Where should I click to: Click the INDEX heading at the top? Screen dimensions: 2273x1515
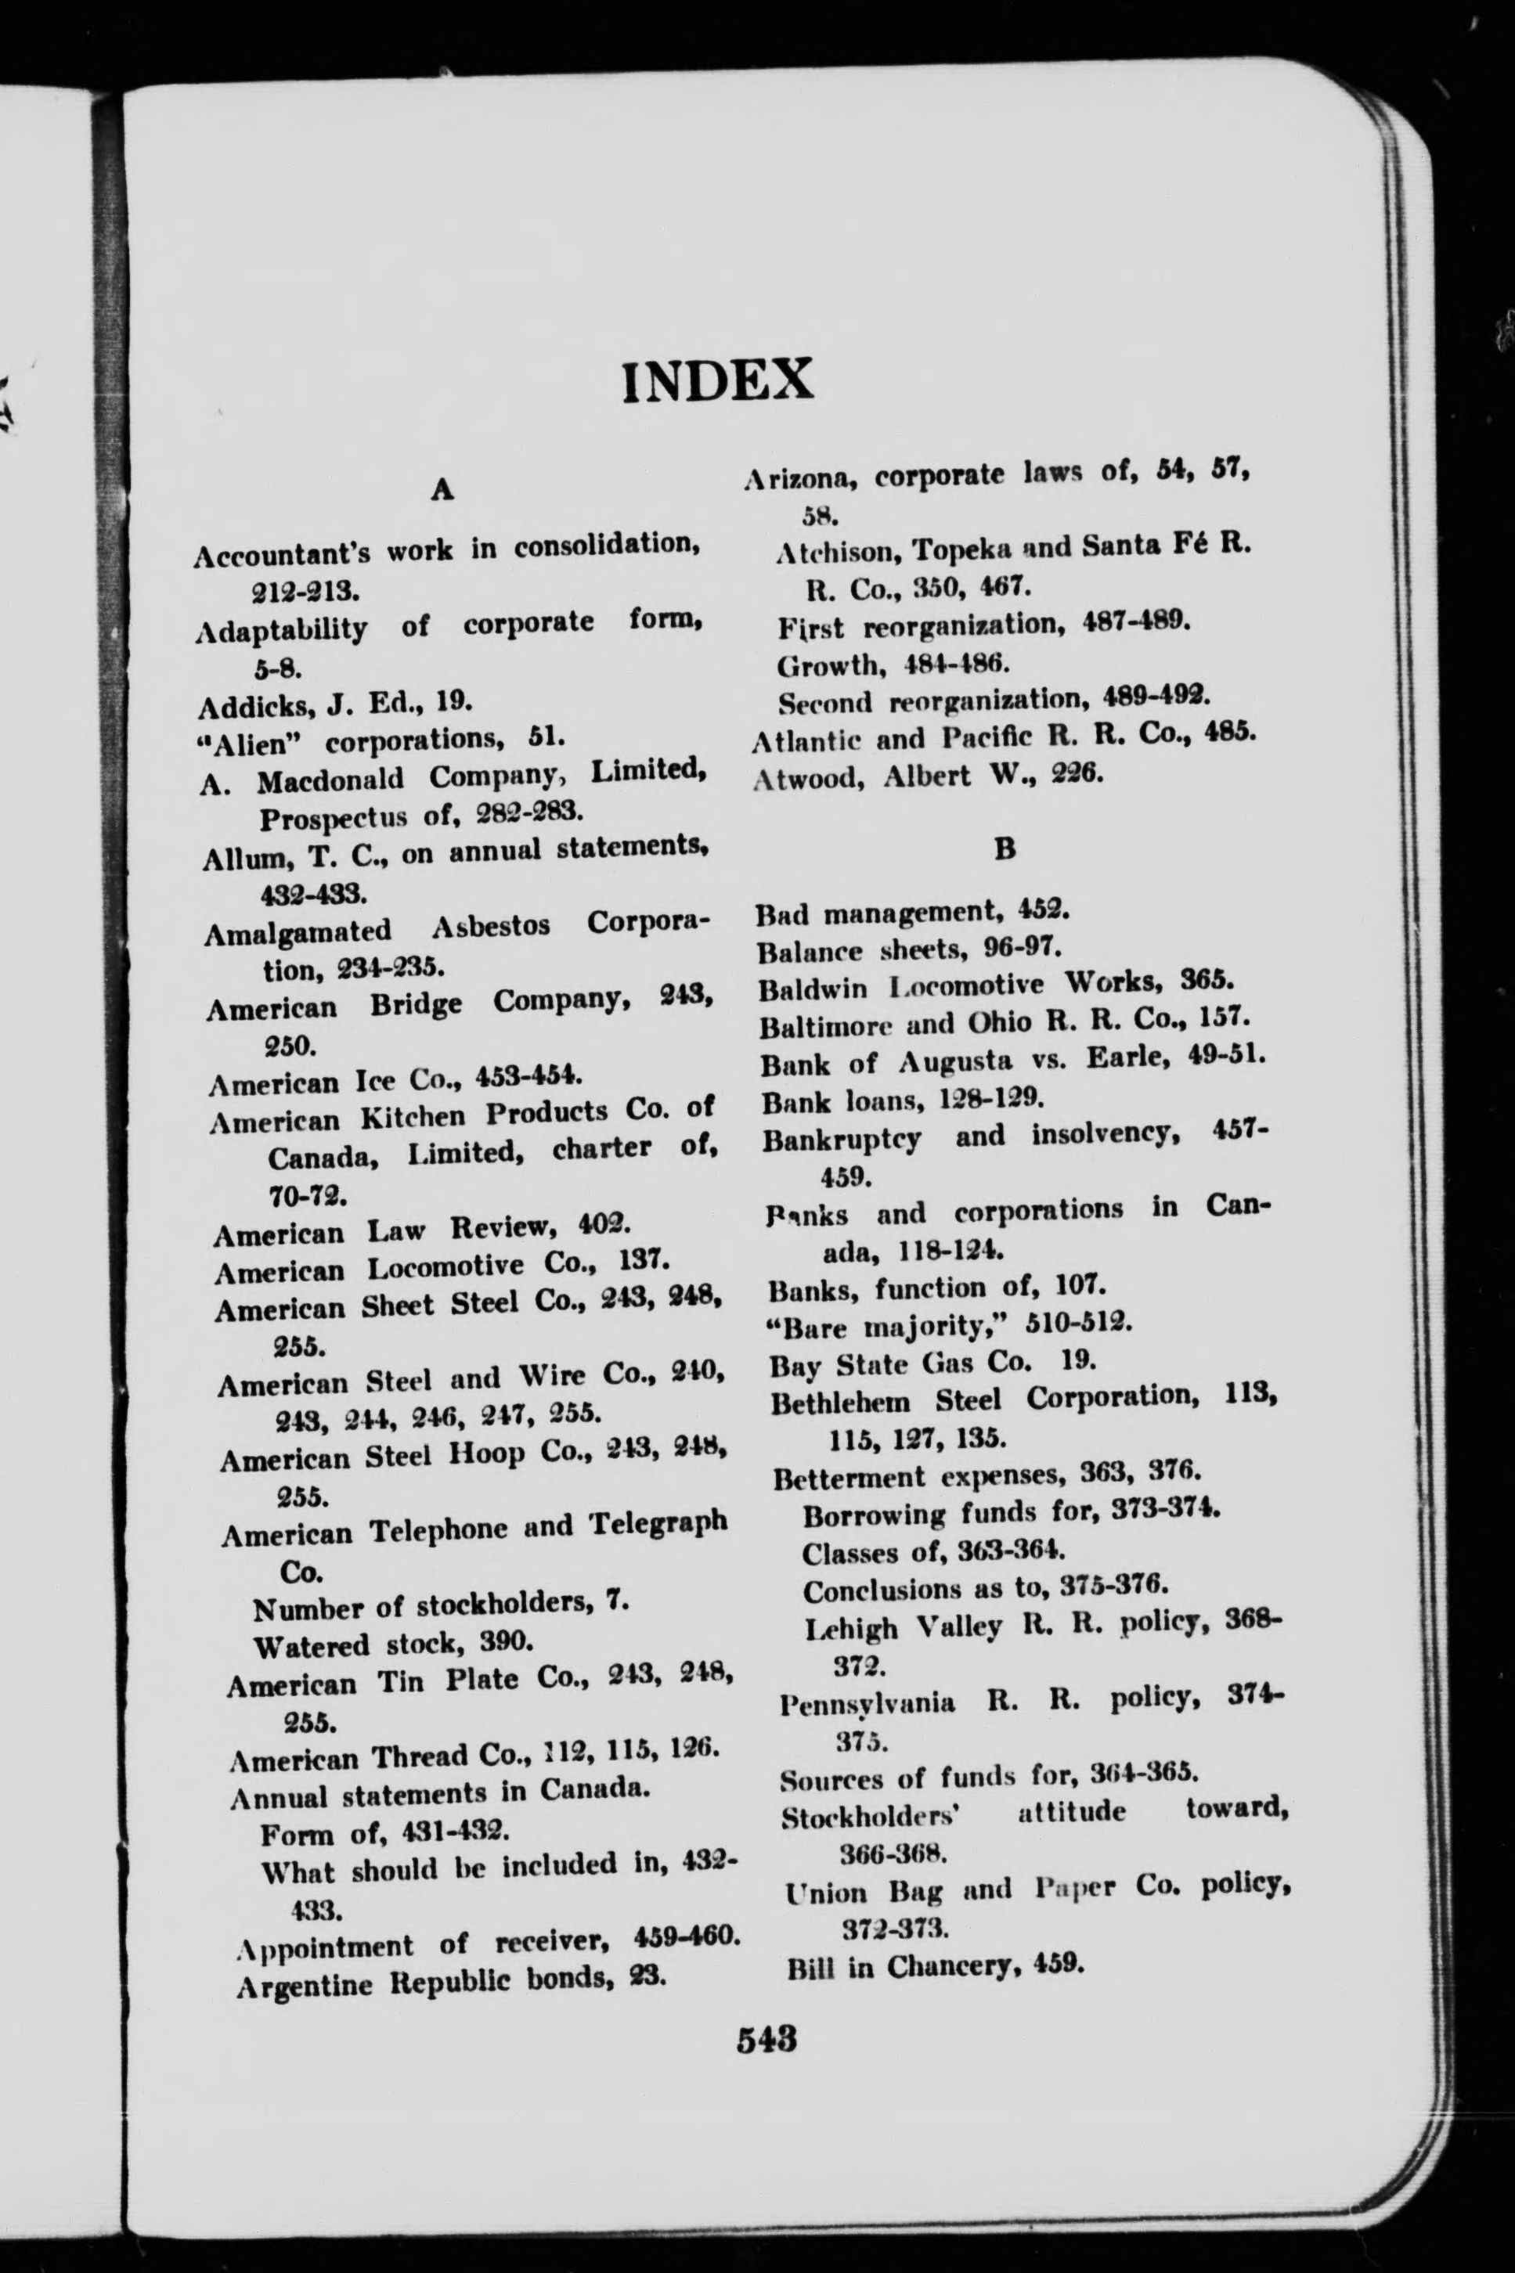click(x=717, y=380)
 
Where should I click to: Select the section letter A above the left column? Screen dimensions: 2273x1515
click(x=442, y=491)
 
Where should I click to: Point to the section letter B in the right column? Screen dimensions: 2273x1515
click(x=1005, y=849)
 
